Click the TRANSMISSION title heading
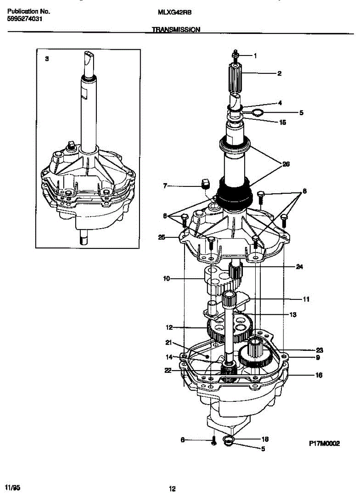click(x=176, y=30)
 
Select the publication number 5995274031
click(x=24, y=19)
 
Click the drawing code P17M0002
click(x=324, y=443)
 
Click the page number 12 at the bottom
click(x=172, y=489)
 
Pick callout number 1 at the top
click(x=255, y=55)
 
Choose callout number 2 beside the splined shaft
click(x=279, y=74)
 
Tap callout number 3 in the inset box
click(x=47, y=59)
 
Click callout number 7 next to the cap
click(x=164, y=186)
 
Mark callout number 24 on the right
click(x=299, y=267)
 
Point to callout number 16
click(x=319, y=375)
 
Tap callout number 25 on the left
click(x=162, y=237)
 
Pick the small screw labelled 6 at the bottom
click(x=214, y=441)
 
